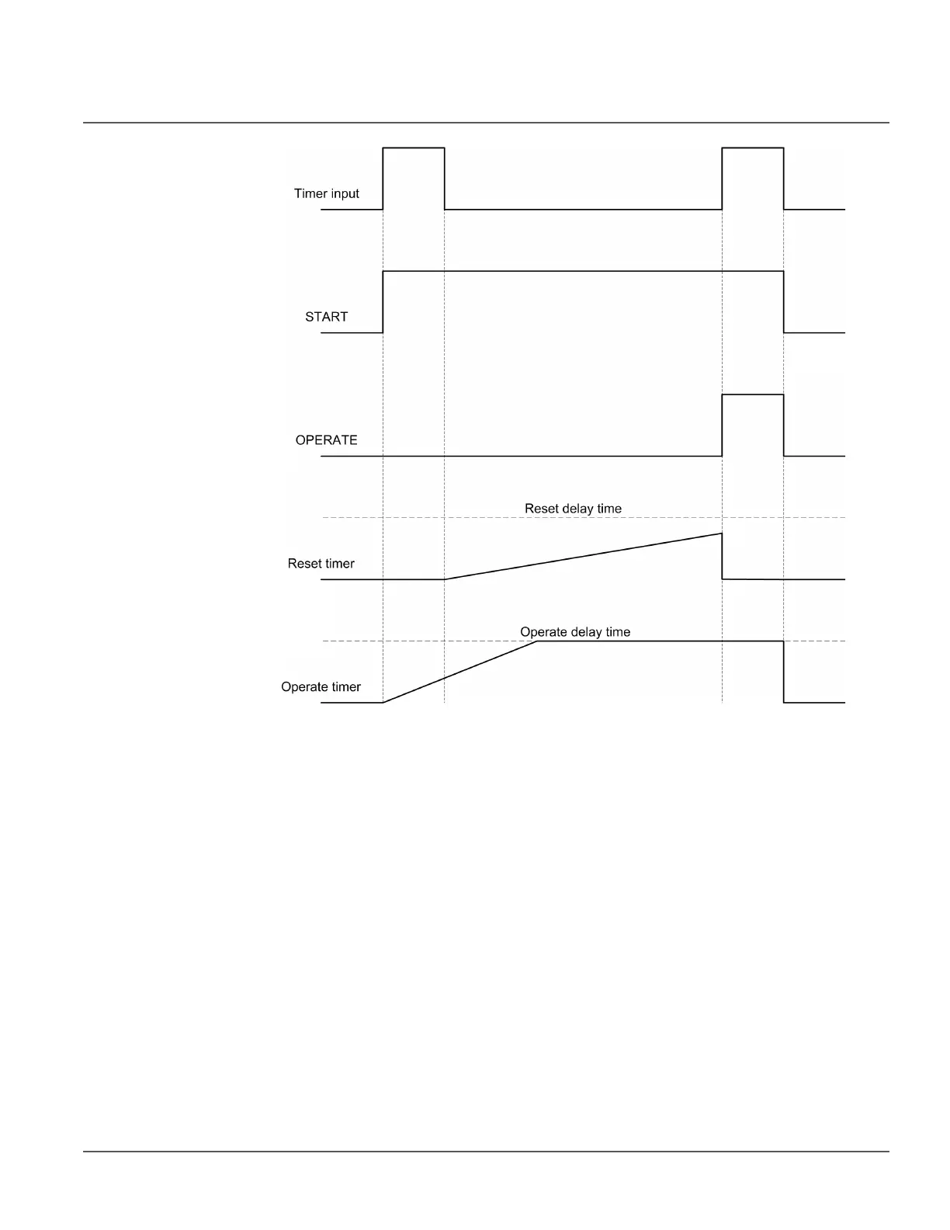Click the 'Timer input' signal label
point(326,193)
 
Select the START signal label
point(326,317)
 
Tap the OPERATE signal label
point(326,440)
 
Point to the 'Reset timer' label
point(321,564)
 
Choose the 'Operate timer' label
point(321,687)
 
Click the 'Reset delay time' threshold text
point(573,509)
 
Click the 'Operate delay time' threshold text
point(575,632)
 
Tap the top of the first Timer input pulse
point(414,148)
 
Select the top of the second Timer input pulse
point(753,148)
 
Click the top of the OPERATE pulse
point(753,395)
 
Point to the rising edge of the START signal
point(383,302)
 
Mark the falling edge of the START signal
point(784,302)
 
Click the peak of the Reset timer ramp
point(722,533)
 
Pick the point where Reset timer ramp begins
point(445,579)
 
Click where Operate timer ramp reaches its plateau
point(538,641)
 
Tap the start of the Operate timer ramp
point(383,702)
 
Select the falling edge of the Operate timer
point(784,672)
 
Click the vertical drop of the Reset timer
point(723,556)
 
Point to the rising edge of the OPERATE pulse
point(723,426)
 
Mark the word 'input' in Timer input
point(343,193)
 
